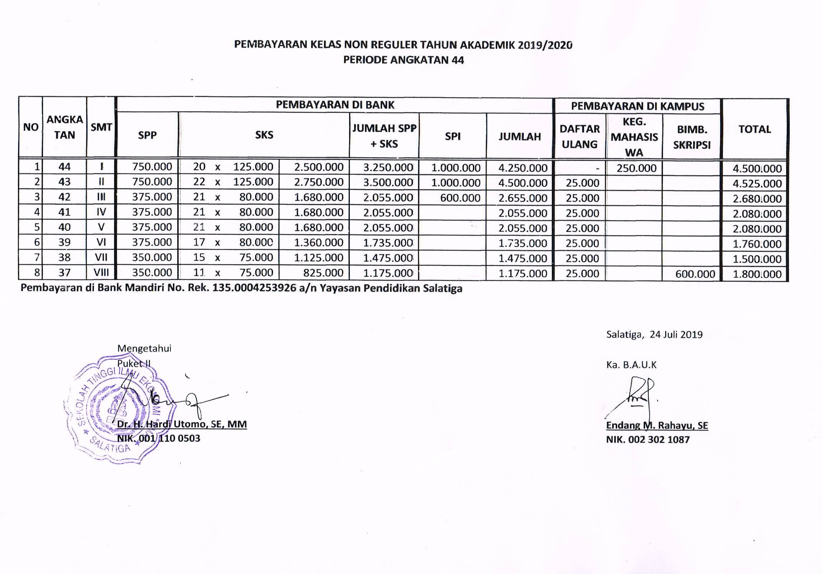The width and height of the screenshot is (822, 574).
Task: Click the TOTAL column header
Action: point(755,129)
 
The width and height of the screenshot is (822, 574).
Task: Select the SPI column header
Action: point(452,136)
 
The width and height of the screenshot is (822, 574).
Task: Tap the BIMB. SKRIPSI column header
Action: point(692,137)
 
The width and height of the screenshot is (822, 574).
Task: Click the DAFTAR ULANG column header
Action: point(579,137)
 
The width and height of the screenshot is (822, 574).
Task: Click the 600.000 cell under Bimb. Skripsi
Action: point(695,274)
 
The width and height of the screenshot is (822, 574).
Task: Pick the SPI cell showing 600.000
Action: point(460,198)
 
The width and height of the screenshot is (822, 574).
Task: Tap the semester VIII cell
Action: point(101,273)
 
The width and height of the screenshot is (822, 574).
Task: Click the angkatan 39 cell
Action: point(65,243)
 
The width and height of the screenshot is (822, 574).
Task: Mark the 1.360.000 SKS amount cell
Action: point(319,243)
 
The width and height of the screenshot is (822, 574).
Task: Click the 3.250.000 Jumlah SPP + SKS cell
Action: point(388,168)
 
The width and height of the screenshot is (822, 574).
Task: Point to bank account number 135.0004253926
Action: point(254,288)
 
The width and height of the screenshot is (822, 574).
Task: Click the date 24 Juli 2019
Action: point(676,335)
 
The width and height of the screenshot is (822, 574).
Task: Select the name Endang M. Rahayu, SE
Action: point(657,425)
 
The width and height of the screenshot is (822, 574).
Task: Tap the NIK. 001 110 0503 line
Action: point(159,438)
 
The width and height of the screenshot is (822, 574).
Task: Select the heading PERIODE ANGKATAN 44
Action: point(403,60)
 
